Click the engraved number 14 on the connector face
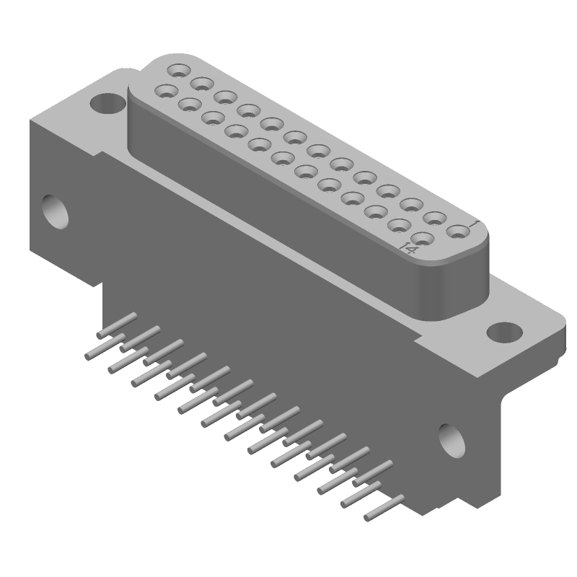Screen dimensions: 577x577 [408, 250]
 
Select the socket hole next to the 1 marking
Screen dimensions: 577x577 [457, 232]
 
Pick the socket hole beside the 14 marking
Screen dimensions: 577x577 [424, 239]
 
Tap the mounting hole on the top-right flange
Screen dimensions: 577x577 [504, 332]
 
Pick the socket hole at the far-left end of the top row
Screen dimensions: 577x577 [178, 71]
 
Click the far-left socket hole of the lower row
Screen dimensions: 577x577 [166, 92]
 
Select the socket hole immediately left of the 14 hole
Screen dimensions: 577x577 [400, 225]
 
